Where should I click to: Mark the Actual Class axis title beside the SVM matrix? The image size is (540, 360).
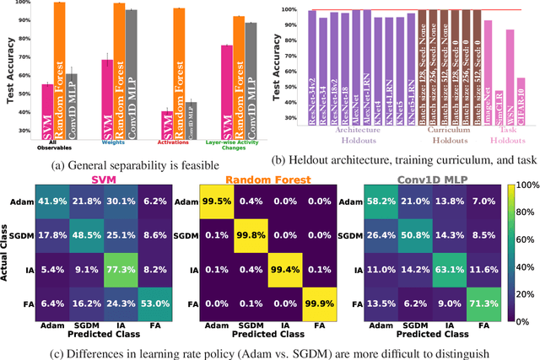(x=8, y=249)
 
